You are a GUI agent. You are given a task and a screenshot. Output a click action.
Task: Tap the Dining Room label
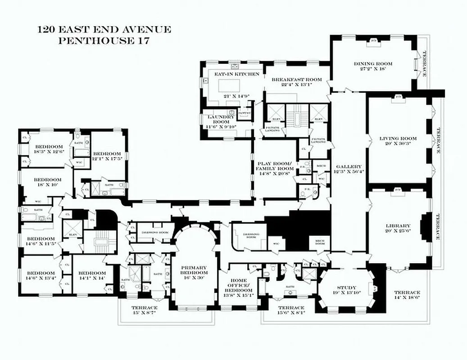click(373, 64)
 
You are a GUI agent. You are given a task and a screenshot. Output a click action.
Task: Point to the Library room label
click(398, 225)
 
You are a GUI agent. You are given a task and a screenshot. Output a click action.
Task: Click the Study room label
click(347, 288)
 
